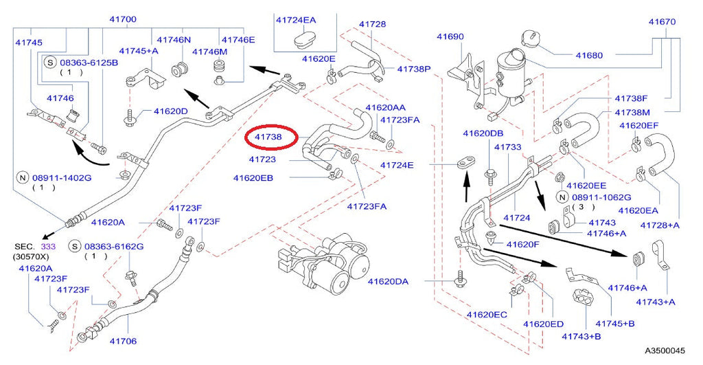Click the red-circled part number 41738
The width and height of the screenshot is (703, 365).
[268, 137]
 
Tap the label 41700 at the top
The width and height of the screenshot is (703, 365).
[123, 19]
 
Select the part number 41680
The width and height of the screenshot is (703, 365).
[589, 55]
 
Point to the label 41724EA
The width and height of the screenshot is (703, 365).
[296, 20]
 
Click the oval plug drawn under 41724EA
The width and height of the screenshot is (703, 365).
[306, 38]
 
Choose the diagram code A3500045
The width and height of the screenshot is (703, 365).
[665, 351]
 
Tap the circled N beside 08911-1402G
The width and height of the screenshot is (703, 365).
[23, 178]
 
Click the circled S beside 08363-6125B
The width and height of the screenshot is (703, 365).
[49, 63]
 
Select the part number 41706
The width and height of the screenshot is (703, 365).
[123, 341]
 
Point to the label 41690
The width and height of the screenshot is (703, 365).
[450, 36]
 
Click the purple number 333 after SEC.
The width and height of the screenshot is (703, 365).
[49, 247]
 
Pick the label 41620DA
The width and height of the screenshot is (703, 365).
[388, 282]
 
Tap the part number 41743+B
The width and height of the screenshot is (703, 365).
[581, 336]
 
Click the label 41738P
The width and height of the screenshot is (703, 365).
[414, 69]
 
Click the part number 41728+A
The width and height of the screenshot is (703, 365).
[660, 225]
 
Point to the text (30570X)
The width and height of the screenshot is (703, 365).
[31, 257]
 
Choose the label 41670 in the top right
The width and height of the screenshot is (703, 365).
[662, 21]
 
